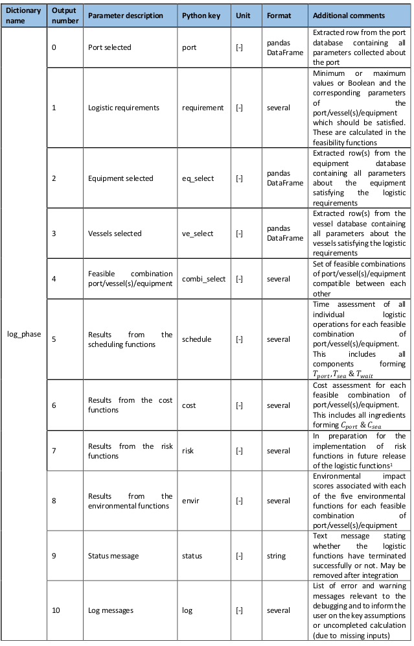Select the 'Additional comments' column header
(349, 16)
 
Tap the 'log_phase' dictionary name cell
(24, 334)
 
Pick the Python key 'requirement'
(203, 108)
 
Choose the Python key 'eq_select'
(198, 178)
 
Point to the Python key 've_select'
(198, 233)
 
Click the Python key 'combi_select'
(204, 279)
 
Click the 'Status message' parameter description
(113, 556)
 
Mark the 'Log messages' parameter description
(111, 610)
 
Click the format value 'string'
(277, 556)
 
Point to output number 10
(56, 610)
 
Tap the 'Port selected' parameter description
(109, 47)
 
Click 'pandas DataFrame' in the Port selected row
(284, 47)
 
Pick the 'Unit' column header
(244, 16)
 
